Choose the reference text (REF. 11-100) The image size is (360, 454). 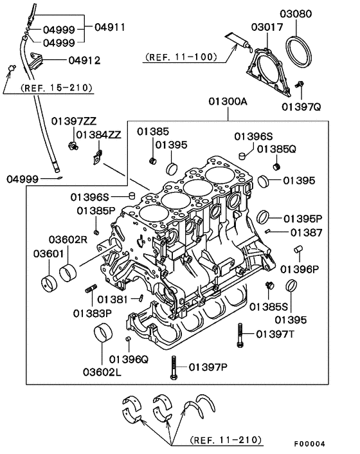[x=180, y=57]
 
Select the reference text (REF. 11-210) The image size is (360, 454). [x=226, y=440]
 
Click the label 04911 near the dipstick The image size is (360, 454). [x=110, y=28]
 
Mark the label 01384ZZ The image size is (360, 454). [x=98, y=135]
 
